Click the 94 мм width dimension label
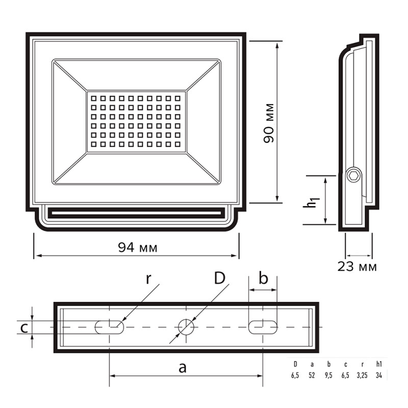(x=138, y=247)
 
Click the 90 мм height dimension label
(x=269, y=123)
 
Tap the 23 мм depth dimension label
(x=357, y=266)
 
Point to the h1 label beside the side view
(x=311, y=202)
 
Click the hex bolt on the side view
(x=354, y=176)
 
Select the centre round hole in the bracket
(x=186, y=327)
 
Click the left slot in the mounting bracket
(x=109, y=327)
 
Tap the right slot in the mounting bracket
(x=263, y=327)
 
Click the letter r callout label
(x=148, y=279)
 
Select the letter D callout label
(x=219, y=278)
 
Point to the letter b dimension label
(x=263, y=278)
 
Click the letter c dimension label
(x=24, y=328)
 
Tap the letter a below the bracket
(x=183, y=368)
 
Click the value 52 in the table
(x=312, y=375)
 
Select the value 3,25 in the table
(x=362, y=375)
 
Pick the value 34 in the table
(x=379, y=375)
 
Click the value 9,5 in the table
(x=328, y=375)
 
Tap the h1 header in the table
(x=379, y=364)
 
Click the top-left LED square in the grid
(x=94, y=98)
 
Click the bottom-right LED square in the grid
(x=177, y=144)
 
